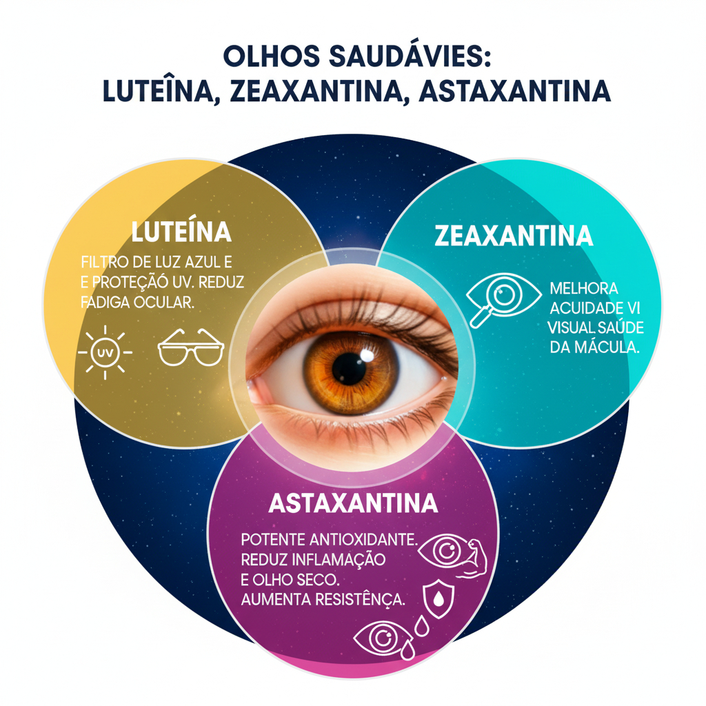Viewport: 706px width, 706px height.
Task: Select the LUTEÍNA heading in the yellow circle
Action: point(181,232)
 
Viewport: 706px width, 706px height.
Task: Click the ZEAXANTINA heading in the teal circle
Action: point(514,236)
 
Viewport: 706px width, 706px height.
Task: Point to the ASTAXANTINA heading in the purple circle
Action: point(353,503)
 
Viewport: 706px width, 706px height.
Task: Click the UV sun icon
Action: point(105,352)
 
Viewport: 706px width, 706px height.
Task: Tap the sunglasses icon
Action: point(191,347)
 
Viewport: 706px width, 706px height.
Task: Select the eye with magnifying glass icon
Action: point(503,299)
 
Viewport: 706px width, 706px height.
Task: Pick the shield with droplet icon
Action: point(438,599)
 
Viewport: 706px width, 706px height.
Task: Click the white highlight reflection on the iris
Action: point(367,355)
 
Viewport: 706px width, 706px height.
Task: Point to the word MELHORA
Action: point(583,288)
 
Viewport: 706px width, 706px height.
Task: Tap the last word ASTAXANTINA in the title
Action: point(514,91)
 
